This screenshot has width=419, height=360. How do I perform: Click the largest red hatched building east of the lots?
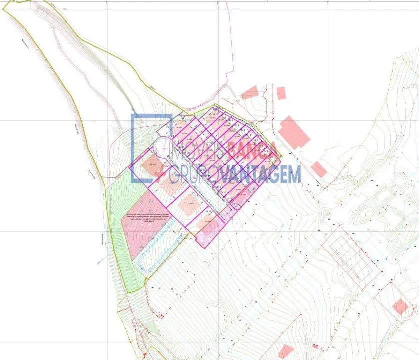[294, 132]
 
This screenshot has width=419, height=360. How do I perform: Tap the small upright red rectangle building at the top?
[281, 93]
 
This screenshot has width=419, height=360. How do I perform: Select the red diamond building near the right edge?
[400, 306]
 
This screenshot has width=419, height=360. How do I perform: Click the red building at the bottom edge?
[285, 351]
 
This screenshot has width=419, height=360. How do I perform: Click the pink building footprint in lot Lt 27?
[152, 165]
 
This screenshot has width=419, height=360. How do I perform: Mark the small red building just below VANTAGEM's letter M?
[319, 169]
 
